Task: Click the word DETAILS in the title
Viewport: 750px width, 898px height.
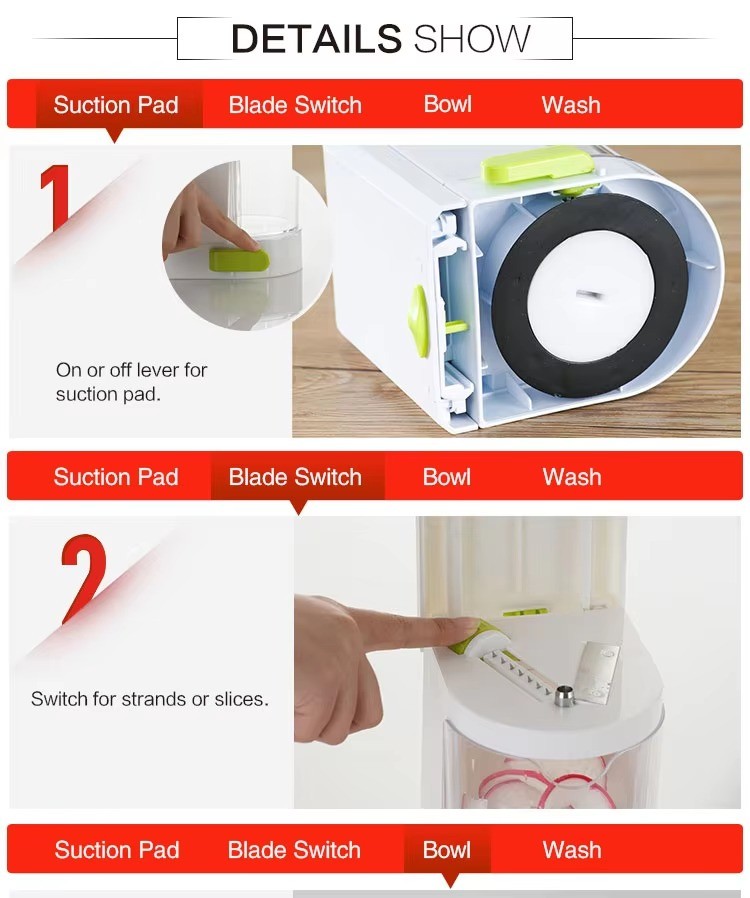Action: [316, 38]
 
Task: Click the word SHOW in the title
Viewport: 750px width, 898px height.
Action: [472, 38]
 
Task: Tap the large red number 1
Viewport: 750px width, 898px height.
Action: [56, 198]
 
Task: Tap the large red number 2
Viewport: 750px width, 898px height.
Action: [84, 578]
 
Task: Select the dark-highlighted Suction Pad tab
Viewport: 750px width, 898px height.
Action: [116, 105]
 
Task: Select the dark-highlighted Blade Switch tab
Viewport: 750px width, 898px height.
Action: [296, 477]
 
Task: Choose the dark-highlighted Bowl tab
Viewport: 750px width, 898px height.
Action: [447, 849]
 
